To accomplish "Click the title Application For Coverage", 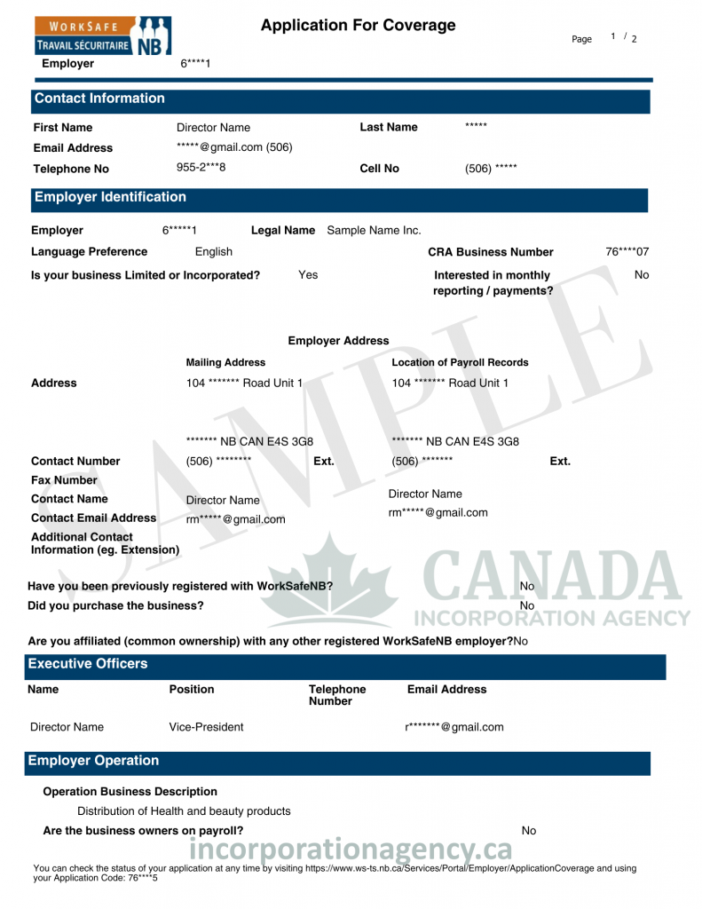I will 358,26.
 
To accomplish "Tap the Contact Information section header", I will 99,99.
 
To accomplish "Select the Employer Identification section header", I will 110,197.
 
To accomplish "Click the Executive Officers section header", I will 88,664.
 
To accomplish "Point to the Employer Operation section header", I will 93,761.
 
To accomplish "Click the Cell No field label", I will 379,169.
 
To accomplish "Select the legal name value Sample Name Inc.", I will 374,231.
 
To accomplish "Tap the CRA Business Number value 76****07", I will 627,252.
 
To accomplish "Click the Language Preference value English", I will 214,252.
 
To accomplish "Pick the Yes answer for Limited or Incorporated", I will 308,275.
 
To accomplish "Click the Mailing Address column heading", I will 225,362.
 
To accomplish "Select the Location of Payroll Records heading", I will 460,362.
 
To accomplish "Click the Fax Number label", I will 64,480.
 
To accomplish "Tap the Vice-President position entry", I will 206,727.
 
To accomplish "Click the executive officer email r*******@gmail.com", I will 454,727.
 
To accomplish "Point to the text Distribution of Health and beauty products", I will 184,811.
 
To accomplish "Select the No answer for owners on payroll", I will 529,831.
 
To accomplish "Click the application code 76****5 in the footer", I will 142,878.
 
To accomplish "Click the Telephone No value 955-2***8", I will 201,167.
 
